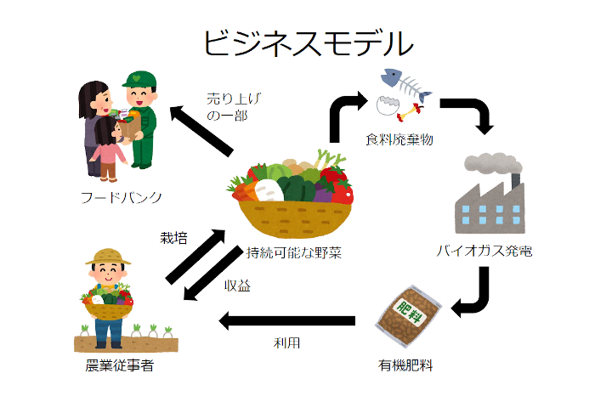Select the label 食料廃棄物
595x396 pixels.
pos(399,139)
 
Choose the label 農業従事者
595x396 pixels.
pos(120,366)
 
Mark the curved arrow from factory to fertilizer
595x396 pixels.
pos(473,293)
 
